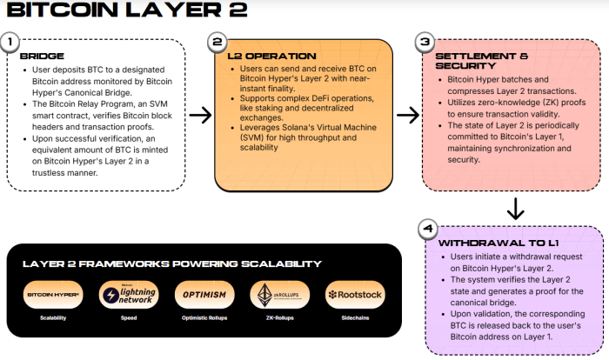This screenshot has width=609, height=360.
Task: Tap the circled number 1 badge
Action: [10, 42]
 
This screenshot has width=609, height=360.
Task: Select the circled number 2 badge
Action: [217, 42]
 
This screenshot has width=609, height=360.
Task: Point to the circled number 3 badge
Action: [425, 42]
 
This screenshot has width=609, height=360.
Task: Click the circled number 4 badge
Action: [425, 230]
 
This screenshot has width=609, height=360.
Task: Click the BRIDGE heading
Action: [42, 57]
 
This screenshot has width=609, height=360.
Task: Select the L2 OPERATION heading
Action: [265, 57]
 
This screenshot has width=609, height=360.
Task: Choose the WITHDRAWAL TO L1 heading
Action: [493, 243]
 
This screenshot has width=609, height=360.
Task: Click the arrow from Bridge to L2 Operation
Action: [200, 115]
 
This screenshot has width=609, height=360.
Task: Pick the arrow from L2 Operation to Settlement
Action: [407, 115]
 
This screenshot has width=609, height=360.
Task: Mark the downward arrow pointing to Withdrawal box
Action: [515, 209]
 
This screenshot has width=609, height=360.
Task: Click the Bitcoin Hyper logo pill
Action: [53, 295]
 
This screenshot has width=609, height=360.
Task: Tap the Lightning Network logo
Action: [129, 295]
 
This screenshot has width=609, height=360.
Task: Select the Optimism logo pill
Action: [204, 295]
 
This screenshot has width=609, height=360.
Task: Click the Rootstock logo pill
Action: [355, 295]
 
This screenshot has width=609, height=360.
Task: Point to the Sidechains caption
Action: [355, 318]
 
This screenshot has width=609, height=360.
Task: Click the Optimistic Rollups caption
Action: [204, 318]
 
